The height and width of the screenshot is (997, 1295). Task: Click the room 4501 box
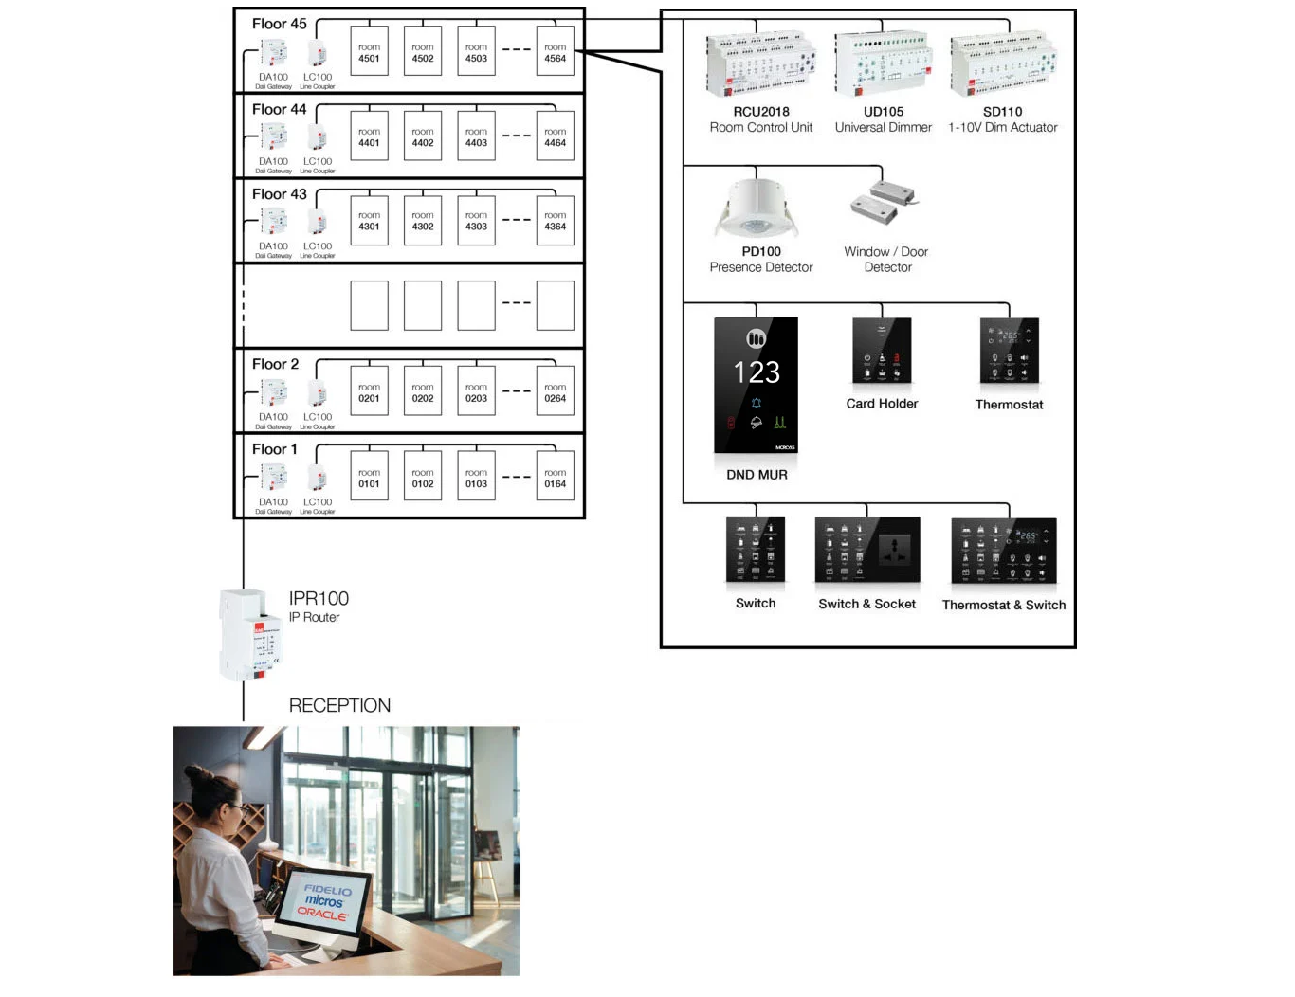(369, 52)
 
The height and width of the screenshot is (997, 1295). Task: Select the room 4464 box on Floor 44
(555, 137)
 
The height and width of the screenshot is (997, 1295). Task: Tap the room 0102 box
(423, 479)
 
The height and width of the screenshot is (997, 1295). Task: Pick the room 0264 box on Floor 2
(555, 393)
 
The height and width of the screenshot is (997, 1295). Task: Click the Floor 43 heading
(279, 194)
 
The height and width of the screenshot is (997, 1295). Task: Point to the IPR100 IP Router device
(249, 634)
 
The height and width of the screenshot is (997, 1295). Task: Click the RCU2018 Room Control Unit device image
(761, 64)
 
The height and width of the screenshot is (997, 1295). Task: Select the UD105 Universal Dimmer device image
(883, 64)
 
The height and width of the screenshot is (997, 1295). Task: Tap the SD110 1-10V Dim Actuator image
(1004, 64)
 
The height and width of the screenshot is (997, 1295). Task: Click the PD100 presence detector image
(757, 211)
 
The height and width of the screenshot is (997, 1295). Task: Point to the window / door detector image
(884, 202)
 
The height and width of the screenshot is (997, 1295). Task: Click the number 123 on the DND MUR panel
(757, 372)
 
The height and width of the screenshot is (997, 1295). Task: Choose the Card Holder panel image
(882, 352)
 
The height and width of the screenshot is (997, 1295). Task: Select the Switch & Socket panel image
(867, 550)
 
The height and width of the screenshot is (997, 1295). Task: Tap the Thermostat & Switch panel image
(1004, 551)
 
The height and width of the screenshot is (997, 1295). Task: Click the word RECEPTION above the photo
(339, 705)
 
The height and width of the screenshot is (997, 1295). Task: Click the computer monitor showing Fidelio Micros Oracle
(324, 904)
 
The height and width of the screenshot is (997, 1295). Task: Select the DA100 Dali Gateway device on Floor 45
(273, 53)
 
